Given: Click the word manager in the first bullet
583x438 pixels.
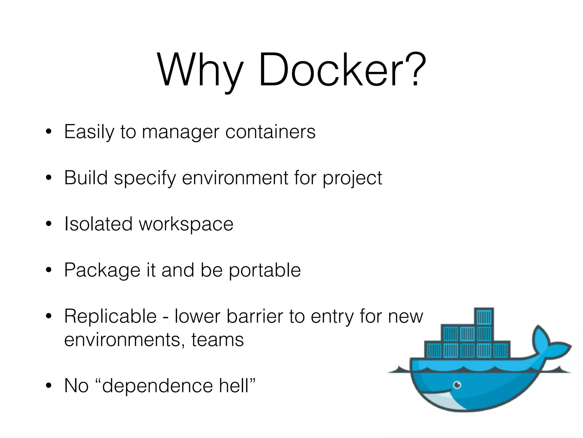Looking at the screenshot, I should [x=180, y=132].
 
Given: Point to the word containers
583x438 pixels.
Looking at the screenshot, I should [x=270, y=132].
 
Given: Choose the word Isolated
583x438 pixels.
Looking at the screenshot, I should [x=98, y=224].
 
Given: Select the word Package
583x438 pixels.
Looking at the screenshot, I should [x=102, y=270].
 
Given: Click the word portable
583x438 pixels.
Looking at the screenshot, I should [x=265, y=270].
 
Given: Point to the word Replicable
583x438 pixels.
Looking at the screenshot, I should [x=110, y=316].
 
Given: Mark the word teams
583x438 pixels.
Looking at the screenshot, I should [x=217, y=340].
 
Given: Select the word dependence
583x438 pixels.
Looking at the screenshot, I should [x=157, y=386].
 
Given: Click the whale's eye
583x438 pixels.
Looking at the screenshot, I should [x=457, y=385].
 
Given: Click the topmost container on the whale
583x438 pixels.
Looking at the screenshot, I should [x=484, y=317].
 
